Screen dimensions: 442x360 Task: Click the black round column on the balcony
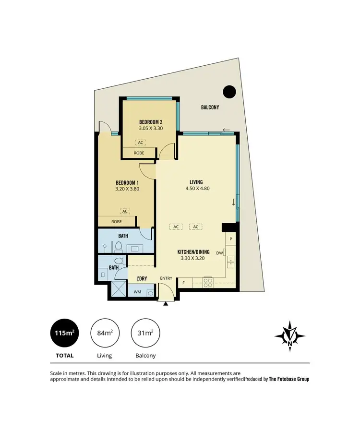tap(230, 91)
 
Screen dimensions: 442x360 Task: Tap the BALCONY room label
tap(210, 108)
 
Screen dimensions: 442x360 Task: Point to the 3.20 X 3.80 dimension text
tap(127, 190)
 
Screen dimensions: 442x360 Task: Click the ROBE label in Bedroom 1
tap(116, 222)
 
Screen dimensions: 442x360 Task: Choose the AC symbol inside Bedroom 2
tap(141, 143)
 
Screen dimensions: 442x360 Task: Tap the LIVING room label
tap(196, 182)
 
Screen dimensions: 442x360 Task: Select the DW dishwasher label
tap(219, 253)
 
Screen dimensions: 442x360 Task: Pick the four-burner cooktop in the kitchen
tap(208, 282)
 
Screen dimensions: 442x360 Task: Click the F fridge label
tap(183, 283)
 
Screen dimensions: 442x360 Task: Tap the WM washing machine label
tap(137, 292)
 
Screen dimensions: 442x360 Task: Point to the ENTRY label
tap(166, 278)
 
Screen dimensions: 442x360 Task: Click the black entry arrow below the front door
tap(166, 303)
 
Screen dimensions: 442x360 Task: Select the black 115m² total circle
tap(64, 332)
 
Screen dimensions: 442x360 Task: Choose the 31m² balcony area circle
tap(145, 332)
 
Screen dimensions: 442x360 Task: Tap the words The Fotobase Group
tap(289, 379)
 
